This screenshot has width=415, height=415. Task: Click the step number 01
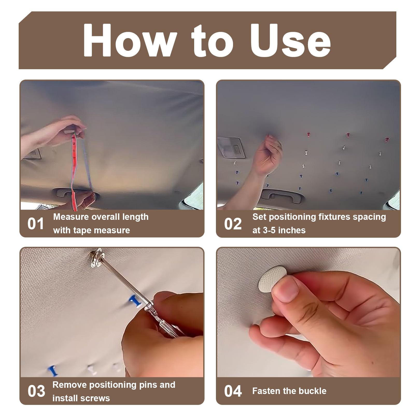click(36, 224)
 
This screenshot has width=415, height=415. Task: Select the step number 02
click(233, 224)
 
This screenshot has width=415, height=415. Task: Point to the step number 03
click(36, 391)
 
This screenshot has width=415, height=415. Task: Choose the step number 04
click(233, 391)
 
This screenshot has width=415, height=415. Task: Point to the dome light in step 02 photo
click(231, 148)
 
